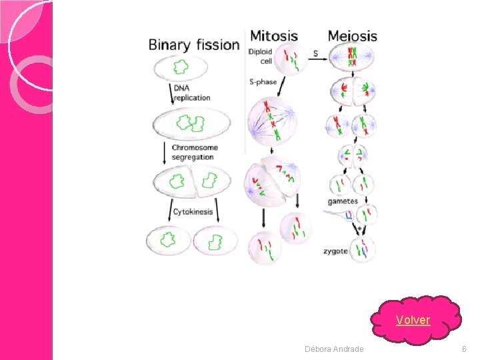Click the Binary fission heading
pos(193,45)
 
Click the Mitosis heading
pos(273,35)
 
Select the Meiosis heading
pos(352,36)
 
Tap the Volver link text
pos(413,320)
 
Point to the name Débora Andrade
pos(334,349)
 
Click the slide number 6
pos(464,349)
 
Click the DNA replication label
pos(191,93)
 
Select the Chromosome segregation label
pos(194,152)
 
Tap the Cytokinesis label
pos(193,212)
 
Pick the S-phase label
pos(263,82)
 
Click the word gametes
pos(343,201)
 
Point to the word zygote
pos(335,252)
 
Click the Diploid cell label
pos(260,57)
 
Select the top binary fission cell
pos(181,67)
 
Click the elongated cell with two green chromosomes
pos(192,123)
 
